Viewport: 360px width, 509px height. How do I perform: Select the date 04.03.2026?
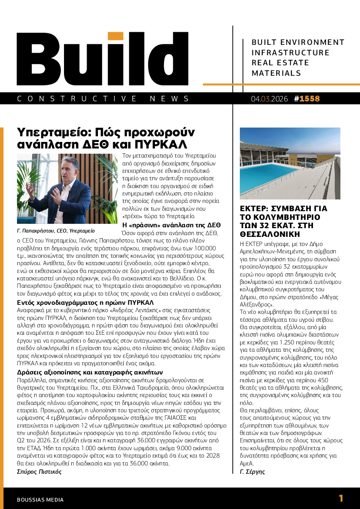click(269, 99)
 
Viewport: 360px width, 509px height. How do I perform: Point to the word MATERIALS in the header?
click(276, 73)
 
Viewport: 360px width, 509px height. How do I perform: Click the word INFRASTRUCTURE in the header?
click(291, 53)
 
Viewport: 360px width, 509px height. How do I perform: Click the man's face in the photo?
click(62, 169)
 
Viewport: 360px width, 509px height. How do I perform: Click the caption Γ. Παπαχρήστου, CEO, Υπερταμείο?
click(56, 230)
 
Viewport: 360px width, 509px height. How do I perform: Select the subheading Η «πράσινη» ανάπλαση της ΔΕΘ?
click(172, 225)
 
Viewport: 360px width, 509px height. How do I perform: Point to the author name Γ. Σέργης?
click(252, 471)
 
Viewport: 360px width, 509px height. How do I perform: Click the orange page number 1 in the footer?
click(341, 498)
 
